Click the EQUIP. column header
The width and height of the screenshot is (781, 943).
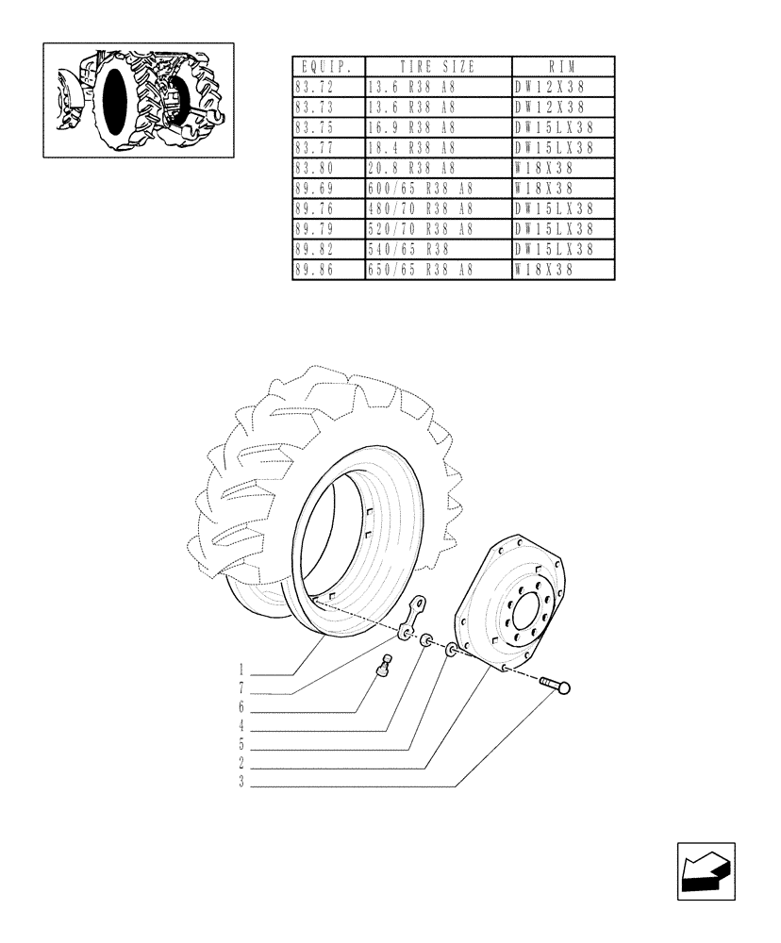[327, 67]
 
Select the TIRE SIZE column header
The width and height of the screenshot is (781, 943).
[437, 67]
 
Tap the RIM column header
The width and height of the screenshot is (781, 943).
[562, 67]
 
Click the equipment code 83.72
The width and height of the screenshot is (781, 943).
[315, 87]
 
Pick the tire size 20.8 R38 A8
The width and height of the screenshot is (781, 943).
[410, 169]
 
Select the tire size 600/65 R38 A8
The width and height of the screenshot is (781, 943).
[420, 189]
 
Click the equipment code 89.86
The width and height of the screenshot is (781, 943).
[315, 271]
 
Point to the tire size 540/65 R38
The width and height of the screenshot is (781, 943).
[407, 250]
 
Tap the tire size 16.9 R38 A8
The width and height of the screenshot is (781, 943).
[410, 127]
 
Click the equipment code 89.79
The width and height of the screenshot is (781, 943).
[315, 230]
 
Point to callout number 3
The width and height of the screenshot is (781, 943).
[242, 783]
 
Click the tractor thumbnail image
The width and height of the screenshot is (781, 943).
[139, 99]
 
